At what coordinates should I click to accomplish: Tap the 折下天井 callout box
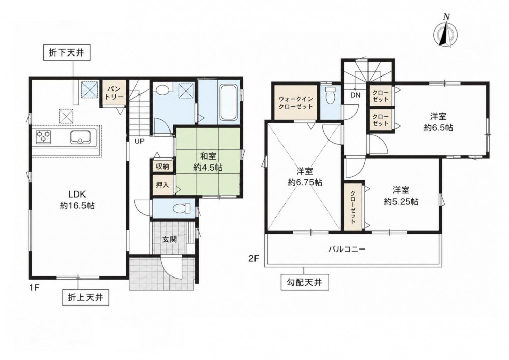click(x=67, y=53)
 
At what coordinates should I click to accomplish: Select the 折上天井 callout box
click(x=86, y=297)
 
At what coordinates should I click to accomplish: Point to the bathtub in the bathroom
click(x=230, y=102)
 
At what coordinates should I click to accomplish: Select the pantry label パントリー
click(x=115, y=93)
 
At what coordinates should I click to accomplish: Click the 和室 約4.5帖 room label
click(x=208, y=161)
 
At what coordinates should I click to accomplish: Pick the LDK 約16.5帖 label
click(x=77, y=200)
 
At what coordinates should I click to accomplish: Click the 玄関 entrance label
click(x=169, y=239)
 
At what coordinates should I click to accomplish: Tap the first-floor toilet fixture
click(x=181, y=208)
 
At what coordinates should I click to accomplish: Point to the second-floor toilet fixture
click(x=330, y=95)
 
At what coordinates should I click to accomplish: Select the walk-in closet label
click(x=295, y=102)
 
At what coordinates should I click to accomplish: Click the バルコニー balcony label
click(x=347, y=250)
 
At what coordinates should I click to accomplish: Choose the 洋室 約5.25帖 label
click(x=401, y=196)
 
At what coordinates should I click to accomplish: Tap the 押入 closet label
click(x=163, y=185)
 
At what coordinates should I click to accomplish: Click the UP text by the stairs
click(x=140, y=141)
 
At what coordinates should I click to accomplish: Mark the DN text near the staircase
click(x=355, y=95)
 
